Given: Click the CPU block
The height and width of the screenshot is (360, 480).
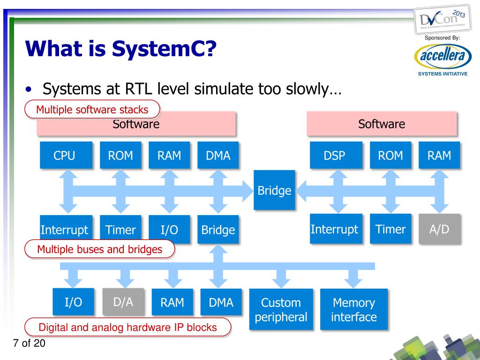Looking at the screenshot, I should (64, 155).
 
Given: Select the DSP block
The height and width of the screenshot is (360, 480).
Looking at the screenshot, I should (334, 155).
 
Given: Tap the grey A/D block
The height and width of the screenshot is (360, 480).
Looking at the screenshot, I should (439, 229).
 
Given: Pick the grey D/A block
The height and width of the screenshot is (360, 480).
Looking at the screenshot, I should (124, 302).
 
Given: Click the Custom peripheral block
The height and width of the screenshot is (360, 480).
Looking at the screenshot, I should (281, 309).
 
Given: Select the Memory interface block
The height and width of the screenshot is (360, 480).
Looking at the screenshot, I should (353, 309).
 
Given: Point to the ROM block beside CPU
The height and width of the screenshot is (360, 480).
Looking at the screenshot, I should (120, 155).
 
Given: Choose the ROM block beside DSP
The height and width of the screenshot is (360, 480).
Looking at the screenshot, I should (390, 155).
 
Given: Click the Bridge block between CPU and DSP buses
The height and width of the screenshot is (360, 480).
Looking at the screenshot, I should (274, 190).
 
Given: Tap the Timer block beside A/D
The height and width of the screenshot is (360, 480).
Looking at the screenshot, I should (390, 229).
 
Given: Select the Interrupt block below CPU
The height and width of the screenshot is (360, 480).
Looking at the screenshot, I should (64, 230).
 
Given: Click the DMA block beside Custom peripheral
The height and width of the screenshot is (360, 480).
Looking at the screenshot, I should (221, 302).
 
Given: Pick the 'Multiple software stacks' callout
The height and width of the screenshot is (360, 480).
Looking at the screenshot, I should (92, 110).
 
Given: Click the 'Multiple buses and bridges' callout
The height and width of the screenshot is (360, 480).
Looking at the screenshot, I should (99, 249).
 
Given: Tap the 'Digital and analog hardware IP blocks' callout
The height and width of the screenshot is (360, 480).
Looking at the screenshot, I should (127, 327).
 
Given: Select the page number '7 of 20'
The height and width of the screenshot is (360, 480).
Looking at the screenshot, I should (29, 344).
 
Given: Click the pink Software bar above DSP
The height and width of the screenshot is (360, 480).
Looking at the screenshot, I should (382, 124).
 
